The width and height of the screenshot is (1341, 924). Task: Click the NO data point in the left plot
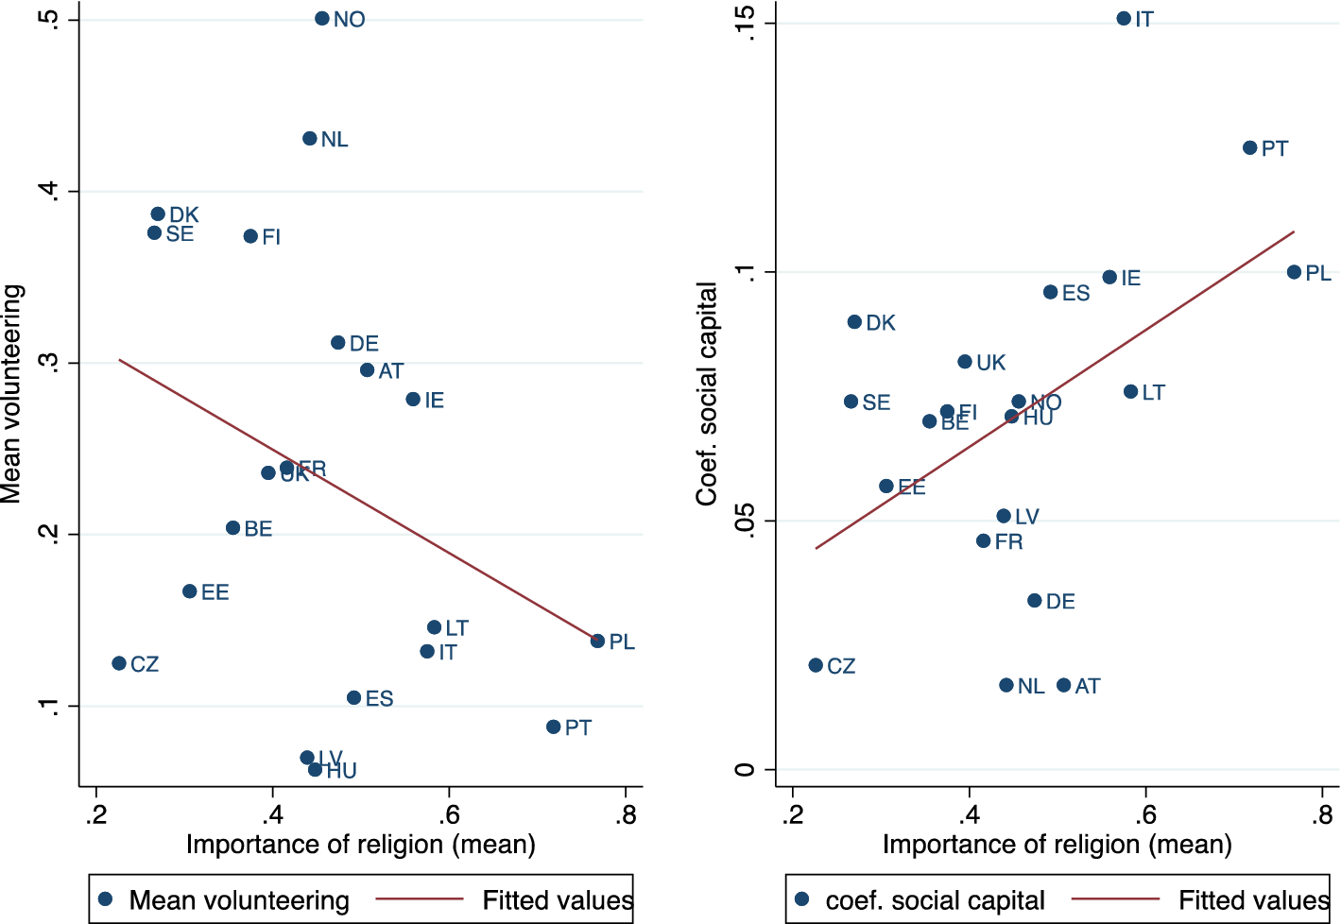click(x=322, y=19)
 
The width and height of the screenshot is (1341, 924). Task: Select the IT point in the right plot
click(x=1124, y=19)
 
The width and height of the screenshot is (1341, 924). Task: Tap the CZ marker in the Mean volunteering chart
click(x=119, y=663)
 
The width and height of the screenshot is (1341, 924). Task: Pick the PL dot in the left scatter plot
click(x=597, y=642)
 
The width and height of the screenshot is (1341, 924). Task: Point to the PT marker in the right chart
click(x=1249, y=148)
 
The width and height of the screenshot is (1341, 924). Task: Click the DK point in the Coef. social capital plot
click(x=854, y=322)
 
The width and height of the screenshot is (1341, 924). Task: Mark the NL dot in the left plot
click(x=310, y=139)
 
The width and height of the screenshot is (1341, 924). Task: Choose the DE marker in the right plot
click(x=1035, y=601)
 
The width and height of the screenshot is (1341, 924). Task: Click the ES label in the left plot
click(x=379, y=699)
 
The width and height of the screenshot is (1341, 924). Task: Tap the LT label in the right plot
click(x=1153, y=392)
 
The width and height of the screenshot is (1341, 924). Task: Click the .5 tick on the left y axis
click(x=51, y=20)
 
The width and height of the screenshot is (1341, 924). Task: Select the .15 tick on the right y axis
click(x=747, y=23)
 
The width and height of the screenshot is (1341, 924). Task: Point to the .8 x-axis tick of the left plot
click(x=625, y=815)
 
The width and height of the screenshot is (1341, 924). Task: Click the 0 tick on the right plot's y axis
click(x=747, y=770)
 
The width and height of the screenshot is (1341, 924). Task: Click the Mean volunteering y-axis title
click(x=12, y=394)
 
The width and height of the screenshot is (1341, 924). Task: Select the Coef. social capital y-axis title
click(x=707, y=394)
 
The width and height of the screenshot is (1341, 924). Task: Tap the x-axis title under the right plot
click(x=1057, y=845)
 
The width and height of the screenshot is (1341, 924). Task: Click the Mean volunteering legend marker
click(x=106, y=899)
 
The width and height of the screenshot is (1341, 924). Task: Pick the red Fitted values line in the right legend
click(x=1115, y=899)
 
